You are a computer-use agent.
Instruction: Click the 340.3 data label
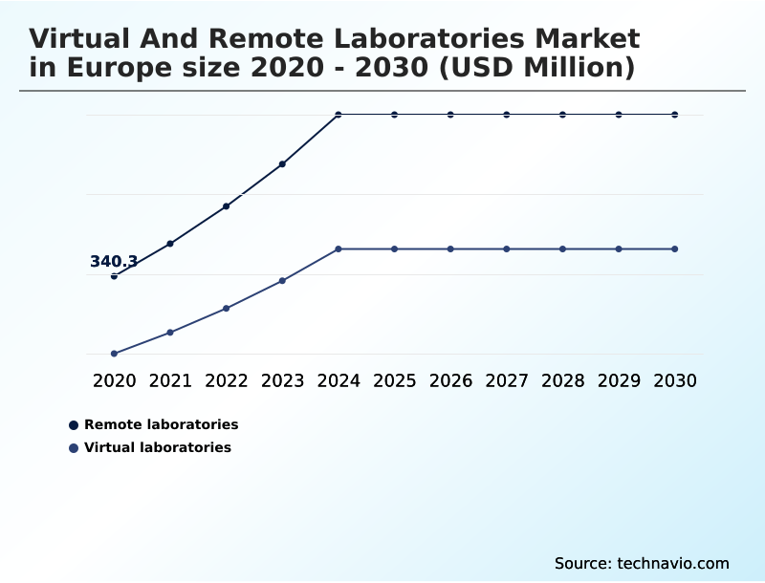114,262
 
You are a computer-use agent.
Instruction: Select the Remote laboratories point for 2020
114,276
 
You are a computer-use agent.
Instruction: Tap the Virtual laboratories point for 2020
114,354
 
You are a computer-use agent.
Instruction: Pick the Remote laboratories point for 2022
227,206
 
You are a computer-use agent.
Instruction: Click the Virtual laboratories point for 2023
282,281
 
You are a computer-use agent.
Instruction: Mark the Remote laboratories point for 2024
339,115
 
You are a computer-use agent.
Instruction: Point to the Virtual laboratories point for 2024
339,249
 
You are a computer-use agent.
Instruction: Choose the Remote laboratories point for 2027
507,115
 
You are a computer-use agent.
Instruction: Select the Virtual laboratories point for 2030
675,249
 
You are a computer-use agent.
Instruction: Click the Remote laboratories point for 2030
675,115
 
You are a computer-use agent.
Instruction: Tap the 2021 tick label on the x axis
170,381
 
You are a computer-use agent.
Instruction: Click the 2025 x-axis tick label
394,381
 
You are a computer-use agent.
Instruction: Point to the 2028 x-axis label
562,381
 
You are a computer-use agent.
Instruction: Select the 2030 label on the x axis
675,381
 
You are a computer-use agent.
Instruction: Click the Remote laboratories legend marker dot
74,424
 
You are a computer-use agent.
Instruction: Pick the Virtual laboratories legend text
158,447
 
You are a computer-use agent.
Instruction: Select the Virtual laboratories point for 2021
170,333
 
